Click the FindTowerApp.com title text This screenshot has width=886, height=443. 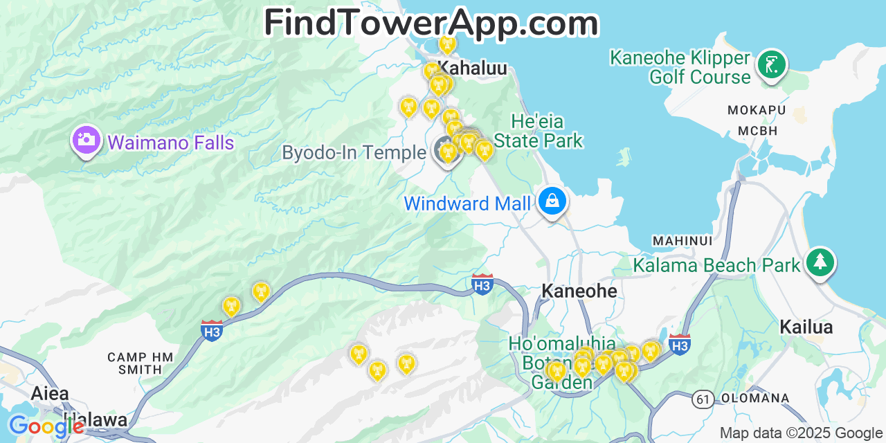[x=431, y=22]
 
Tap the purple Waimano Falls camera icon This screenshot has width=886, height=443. [x=86, y=140]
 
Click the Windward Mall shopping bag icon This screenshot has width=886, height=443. [x=552, y=201]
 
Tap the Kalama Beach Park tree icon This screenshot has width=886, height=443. [x=820, y=262]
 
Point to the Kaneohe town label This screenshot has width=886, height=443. [x=579, y=291]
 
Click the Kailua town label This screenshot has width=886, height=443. [x=806, y=327]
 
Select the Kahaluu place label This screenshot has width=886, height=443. [x=473, y=68]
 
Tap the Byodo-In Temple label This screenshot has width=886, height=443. [x=354, y=152]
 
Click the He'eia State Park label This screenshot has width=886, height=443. [x=538, y=131]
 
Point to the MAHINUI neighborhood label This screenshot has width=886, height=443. [x=682, y=240]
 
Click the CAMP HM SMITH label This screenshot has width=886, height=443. [x=140, y=363]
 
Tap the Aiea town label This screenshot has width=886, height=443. [x=50, y=393]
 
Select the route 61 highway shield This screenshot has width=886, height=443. [x=703, y=399]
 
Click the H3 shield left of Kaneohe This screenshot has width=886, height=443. [x=482, y=284]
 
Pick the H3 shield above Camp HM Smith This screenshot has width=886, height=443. [x=212, y=330]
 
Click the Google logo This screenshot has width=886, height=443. [x=46, y=426]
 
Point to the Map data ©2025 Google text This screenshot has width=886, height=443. [x=801, y=433]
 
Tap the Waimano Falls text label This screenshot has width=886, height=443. [x=171, y=143]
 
